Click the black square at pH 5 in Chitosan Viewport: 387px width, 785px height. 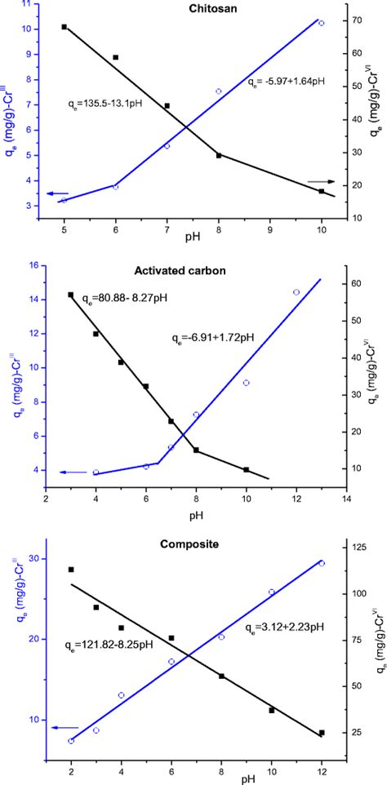pyautogui.click(x=64, y=27)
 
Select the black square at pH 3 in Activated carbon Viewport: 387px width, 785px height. pyautogui.click(x=70, y=295)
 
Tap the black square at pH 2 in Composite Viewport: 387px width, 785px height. pyautogui.click(x=71, y=570)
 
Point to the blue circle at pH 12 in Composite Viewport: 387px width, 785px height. pyautogui.click(x=322, y=563)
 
